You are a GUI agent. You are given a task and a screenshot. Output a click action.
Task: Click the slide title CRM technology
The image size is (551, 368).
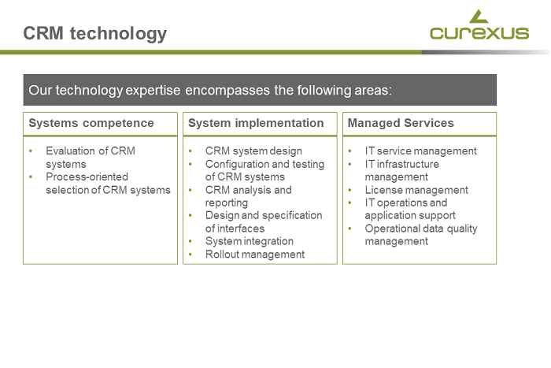point(94,33)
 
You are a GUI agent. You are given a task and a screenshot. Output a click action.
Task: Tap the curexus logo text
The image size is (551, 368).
point(479,33)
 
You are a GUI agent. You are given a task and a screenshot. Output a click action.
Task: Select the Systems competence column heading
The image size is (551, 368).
point(91,123)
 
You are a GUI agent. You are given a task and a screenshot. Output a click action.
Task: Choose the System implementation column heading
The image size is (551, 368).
point(256,123)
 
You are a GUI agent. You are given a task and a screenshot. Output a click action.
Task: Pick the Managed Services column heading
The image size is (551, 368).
point(401,123)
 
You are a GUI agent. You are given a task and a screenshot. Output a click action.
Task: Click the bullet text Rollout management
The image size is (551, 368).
point(254,254)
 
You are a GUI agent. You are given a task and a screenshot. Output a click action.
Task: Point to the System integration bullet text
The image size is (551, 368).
point(249,241)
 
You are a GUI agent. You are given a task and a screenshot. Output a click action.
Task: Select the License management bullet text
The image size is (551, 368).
point(416,190)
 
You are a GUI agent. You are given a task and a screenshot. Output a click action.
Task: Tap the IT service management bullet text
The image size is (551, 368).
point(420,151)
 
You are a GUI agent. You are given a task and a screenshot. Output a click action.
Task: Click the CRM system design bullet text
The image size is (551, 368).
point(253,151)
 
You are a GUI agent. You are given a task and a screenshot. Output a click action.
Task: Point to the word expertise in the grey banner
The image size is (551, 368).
point(153,90)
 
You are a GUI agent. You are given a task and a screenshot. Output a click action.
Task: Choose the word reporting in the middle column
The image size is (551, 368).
point(227,203)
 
